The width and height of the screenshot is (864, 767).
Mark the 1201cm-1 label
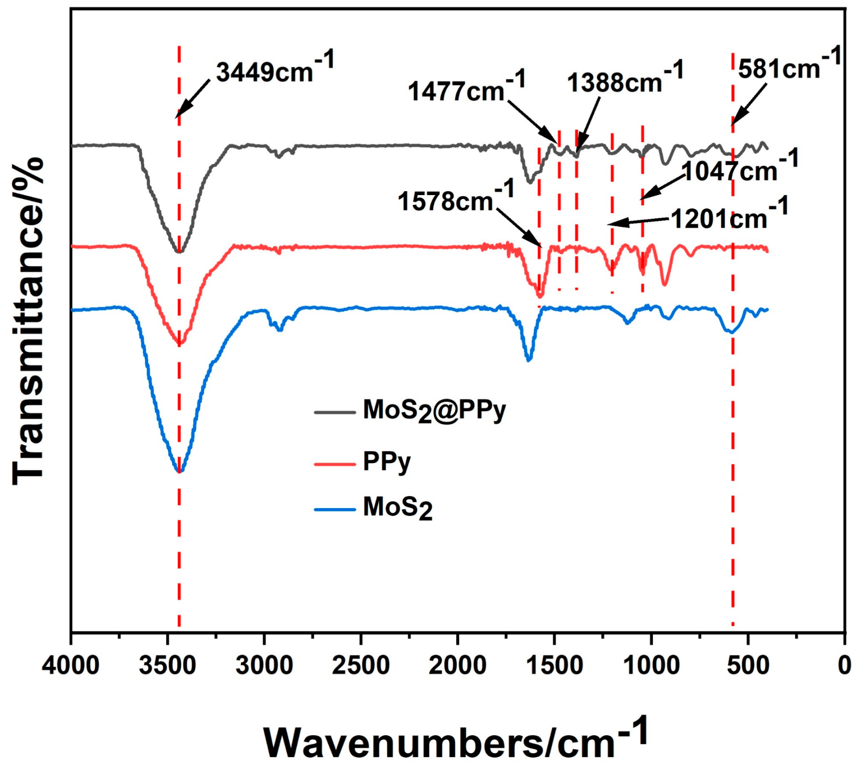coord(730,218)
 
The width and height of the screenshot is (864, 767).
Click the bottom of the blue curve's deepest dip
coord(180,472)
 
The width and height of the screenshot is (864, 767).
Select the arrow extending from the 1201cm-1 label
coord(638,222)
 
